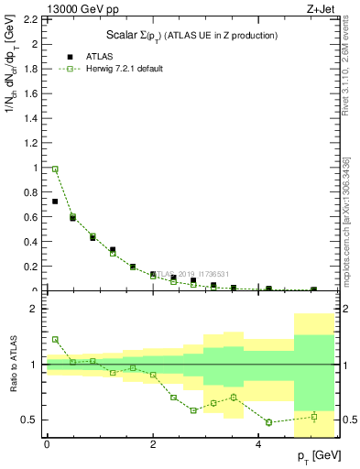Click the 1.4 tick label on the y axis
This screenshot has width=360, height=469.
pyautogui.click(x=30, y=118)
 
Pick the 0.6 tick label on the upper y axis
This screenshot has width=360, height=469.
pyautogui.click(x=30, y=217)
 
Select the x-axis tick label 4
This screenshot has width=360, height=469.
pyautogui.click(x=260, y=444)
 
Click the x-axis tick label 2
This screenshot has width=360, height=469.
pyautogui.click(x=153, y=444)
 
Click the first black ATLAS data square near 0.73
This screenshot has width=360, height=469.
pyautogui.click(x=55, y=201)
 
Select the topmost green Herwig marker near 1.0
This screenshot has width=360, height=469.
pyautogui.click(x=55, y=169)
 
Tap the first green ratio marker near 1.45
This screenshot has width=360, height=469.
pyautogui.click(x=55, y=339)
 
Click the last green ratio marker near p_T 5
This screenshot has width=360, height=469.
pyautogui.click(x=313, y=417)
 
